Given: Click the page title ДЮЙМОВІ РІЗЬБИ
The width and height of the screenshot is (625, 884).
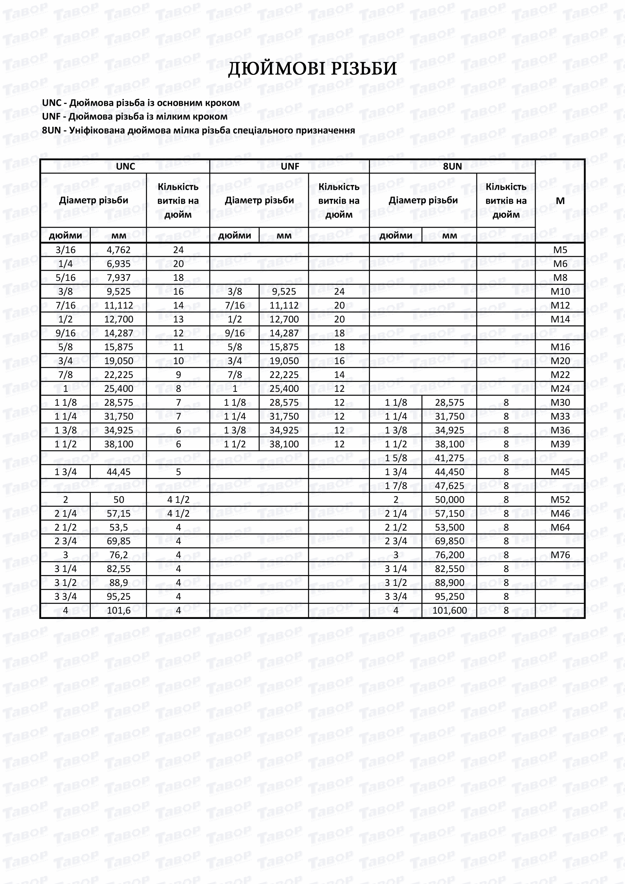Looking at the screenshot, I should point(312,69).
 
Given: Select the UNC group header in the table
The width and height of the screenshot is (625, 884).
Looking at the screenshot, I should point(125,166).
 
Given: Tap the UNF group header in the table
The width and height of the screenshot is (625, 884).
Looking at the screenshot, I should point(290,166).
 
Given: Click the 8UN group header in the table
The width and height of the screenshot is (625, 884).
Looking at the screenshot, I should point(452,166).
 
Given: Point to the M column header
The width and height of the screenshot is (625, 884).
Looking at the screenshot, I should point(560,201).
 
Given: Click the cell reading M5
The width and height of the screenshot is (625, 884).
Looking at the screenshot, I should point(560,250).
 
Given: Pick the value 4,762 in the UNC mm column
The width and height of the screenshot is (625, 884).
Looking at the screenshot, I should point(119,250).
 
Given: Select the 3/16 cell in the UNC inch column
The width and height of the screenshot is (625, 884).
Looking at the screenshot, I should point(66,250).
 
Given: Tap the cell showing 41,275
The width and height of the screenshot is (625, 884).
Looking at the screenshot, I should point(449,458).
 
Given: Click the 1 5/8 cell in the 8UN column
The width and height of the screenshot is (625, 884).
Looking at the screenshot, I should point(396,458).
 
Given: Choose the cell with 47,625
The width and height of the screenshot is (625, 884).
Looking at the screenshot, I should point(449,486).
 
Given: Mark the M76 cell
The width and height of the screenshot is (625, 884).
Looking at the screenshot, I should point(560,555).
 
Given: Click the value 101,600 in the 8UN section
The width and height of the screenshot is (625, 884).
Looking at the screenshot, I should point(449,610).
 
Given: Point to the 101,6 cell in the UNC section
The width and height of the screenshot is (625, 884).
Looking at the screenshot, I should point(119,610).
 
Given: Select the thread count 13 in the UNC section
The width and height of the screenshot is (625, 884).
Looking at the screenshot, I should point(178,319).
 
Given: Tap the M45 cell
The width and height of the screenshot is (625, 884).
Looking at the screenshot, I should point(560,472).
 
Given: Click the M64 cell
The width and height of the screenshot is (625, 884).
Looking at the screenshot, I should point(560,527).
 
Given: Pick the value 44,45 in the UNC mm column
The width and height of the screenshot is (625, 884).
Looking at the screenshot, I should point(119,472).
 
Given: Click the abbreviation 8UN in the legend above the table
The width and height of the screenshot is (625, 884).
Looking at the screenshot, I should point(51,130).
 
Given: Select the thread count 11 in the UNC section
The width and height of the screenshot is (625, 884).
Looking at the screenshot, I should point(178,347).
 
